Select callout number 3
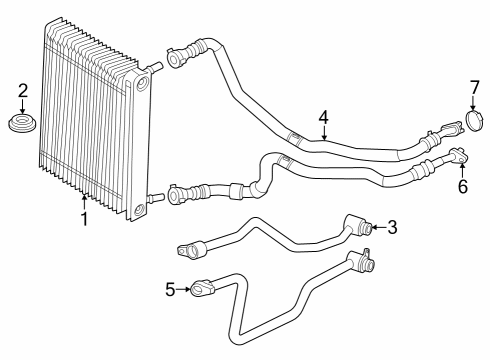coord(393,228)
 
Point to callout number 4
coord(323,118)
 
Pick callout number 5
coord(169,289)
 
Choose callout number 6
coord(462,186)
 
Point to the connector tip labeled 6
coord(458,155)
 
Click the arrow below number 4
coord(323,134)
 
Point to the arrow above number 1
coord(84,201)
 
